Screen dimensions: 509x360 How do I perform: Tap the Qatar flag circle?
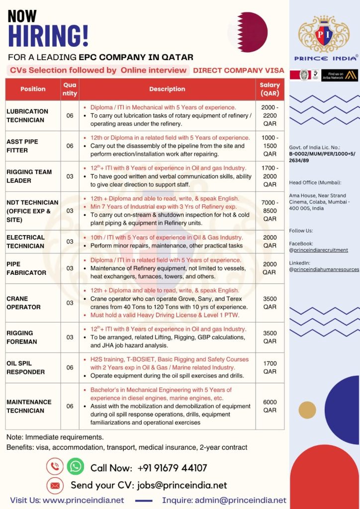248,32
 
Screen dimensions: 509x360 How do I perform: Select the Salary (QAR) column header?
270,89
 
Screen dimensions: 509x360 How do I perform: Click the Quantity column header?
70,89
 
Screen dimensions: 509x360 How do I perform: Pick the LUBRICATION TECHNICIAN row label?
27,115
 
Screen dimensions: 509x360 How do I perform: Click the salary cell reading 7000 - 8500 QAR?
270,211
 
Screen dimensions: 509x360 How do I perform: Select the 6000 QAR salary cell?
270,406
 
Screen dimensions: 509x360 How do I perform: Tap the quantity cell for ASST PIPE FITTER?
70,146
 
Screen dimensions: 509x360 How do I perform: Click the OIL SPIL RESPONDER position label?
25,367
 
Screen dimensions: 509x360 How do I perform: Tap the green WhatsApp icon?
76,466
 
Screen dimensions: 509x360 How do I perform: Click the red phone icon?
54,466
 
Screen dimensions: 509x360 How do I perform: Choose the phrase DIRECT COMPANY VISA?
238,70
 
